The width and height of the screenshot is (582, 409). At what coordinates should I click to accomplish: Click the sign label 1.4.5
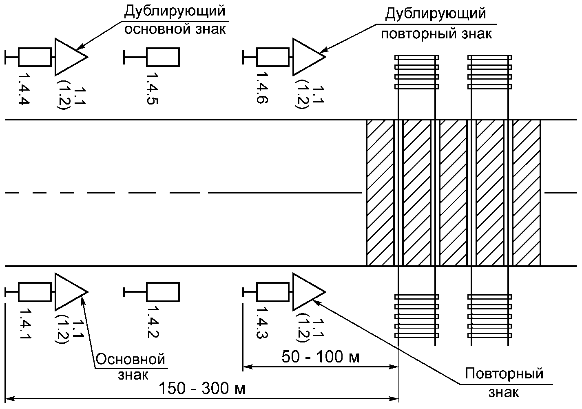tap(153, 88)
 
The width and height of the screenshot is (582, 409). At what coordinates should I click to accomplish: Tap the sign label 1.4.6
tap(262, 88)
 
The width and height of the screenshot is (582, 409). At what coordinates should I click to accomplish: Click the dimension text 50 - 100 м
tap(321, 357)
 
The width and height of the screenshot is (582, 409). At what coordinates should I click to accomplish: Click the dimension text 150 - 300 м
tap(202, 388)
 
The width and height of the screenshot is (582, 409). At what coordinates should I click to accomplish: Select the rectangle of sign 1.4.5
tap(163, 57)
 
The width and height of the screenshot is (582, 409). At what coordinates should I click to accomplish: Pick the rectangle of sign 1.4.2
tap(163, 291)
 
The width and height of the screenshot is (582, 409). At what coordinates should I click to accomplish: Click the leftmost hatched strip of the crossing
tap(380, 193)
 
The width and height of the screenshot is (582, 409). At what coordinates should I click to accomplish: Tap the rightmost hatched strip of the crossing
tap(527, 193)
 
